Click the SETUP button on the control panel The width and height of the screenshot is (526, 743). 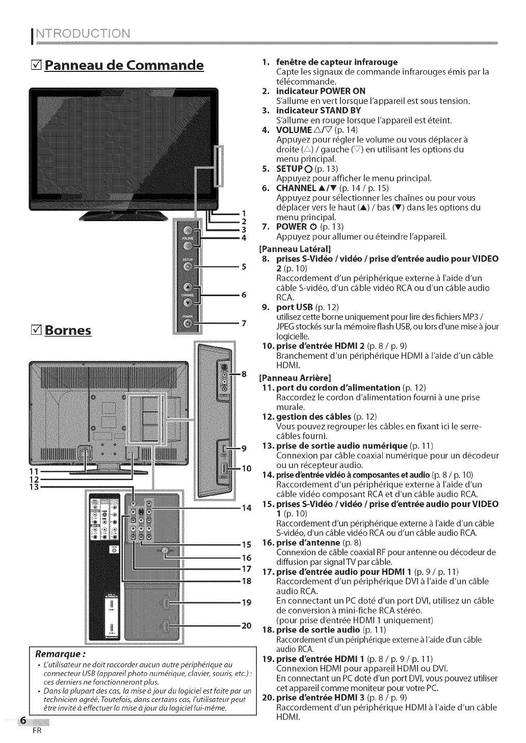point(188,266)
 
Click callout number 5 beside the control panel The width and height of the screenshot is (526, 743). point(244,266)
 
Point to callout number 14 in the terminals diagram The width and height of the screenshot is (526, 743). point(247,508)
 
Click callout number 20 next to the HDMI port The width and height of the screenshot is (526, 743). point(246,625)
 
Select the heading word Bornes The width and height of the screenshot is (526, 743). point(68,329)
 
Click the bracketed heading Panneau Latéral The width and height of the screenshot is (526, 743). point(295,249)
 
